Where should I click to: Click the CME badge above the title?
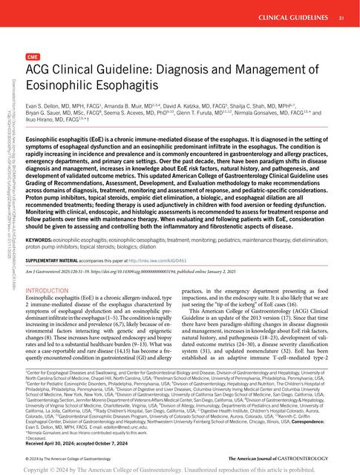pos(33,56)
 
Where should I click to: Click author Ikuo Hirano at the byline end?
pos(45,124)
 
